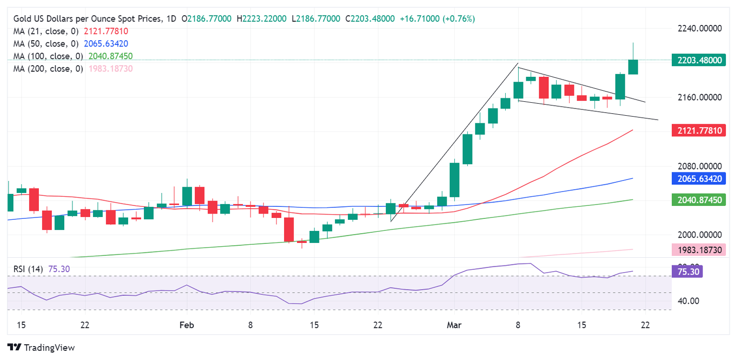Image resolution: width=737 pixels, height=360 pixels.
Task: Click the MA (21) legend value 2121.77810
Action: click(106, 31)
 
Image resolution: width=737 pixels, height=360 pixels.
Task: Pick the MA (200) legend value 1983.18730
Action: click(111, 69)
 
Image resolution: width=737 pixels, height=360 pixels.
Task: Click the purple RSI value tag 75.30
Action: click(689, 271)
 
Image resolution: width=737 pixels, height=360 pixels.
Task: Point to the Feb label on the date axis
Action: click(187, 325)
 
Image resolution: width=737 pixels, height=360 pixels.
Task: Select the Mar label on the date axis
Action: click(454, 325)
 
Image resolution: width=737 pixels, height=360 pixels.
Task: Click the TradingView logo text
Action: click(49, 348)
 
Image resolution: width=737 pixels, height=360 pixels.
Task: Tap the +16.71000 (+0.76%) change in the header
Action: click(437, 19)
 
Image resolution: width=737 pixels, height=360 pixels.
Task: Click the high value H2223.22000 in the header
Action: click(262, 19)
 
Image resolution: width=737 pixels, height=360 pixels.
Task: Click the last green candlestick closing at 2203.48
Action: click(633, 67)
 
